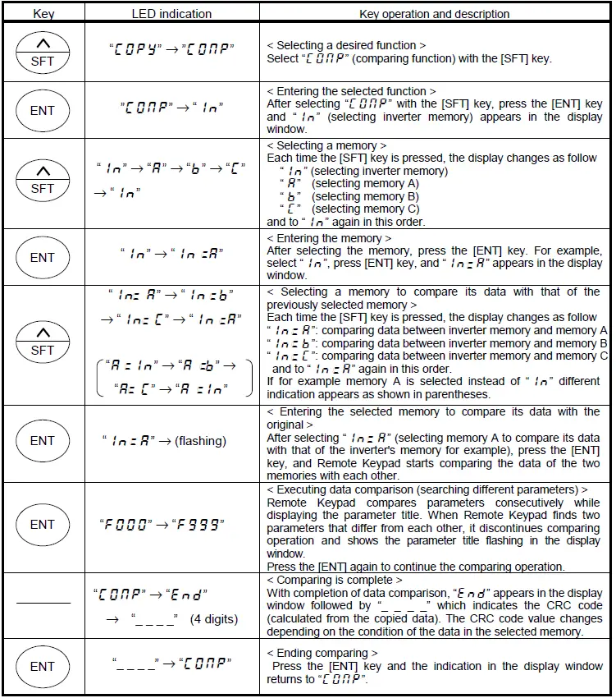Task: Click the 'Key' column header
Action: point(43,13)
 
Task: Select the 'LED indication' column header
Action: point(171,13)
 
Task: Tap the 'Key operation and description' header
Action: point(435,13)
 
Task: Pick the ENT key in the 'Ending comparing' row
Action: point(43,667)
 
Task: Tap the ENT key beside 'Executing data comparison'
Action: point(43,525)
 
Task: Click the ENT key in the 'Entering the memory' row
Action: point(43,257)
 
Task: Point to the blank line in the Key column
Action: point(43,604)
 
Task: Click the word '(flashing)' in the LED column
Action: point(200,441)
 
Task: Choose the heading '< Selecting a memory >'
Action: point(326,145)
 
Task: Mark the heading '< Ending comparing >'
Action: point(322,653)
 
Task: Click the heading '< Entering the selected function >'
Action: point(352,91)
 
